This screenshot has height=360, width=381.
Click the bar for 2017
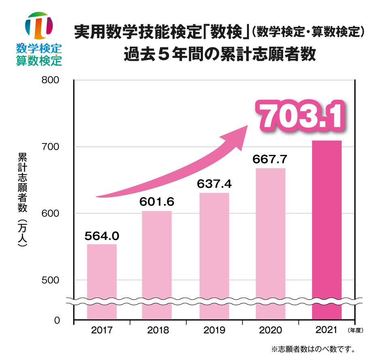point(102,280)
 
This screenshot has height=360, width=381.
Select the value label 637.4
point(214,184)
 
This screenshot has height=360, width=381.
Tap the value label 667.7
point(270,159)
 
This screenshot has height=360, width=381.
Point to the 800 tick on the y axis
point(51,80)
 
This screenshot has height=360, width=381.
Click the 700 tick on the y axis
point(51,147)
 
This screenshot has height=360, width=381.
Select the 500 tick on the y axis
point(51,280)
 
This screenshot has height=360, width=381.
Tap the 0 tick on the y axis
point(57,321)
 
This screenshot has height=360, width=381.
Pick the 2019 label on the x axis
point(214,330)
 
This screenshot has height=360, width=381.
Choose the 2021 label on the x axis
point(327,330)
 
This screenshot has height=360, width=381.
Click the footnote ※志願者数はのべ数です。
point(313,348)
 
